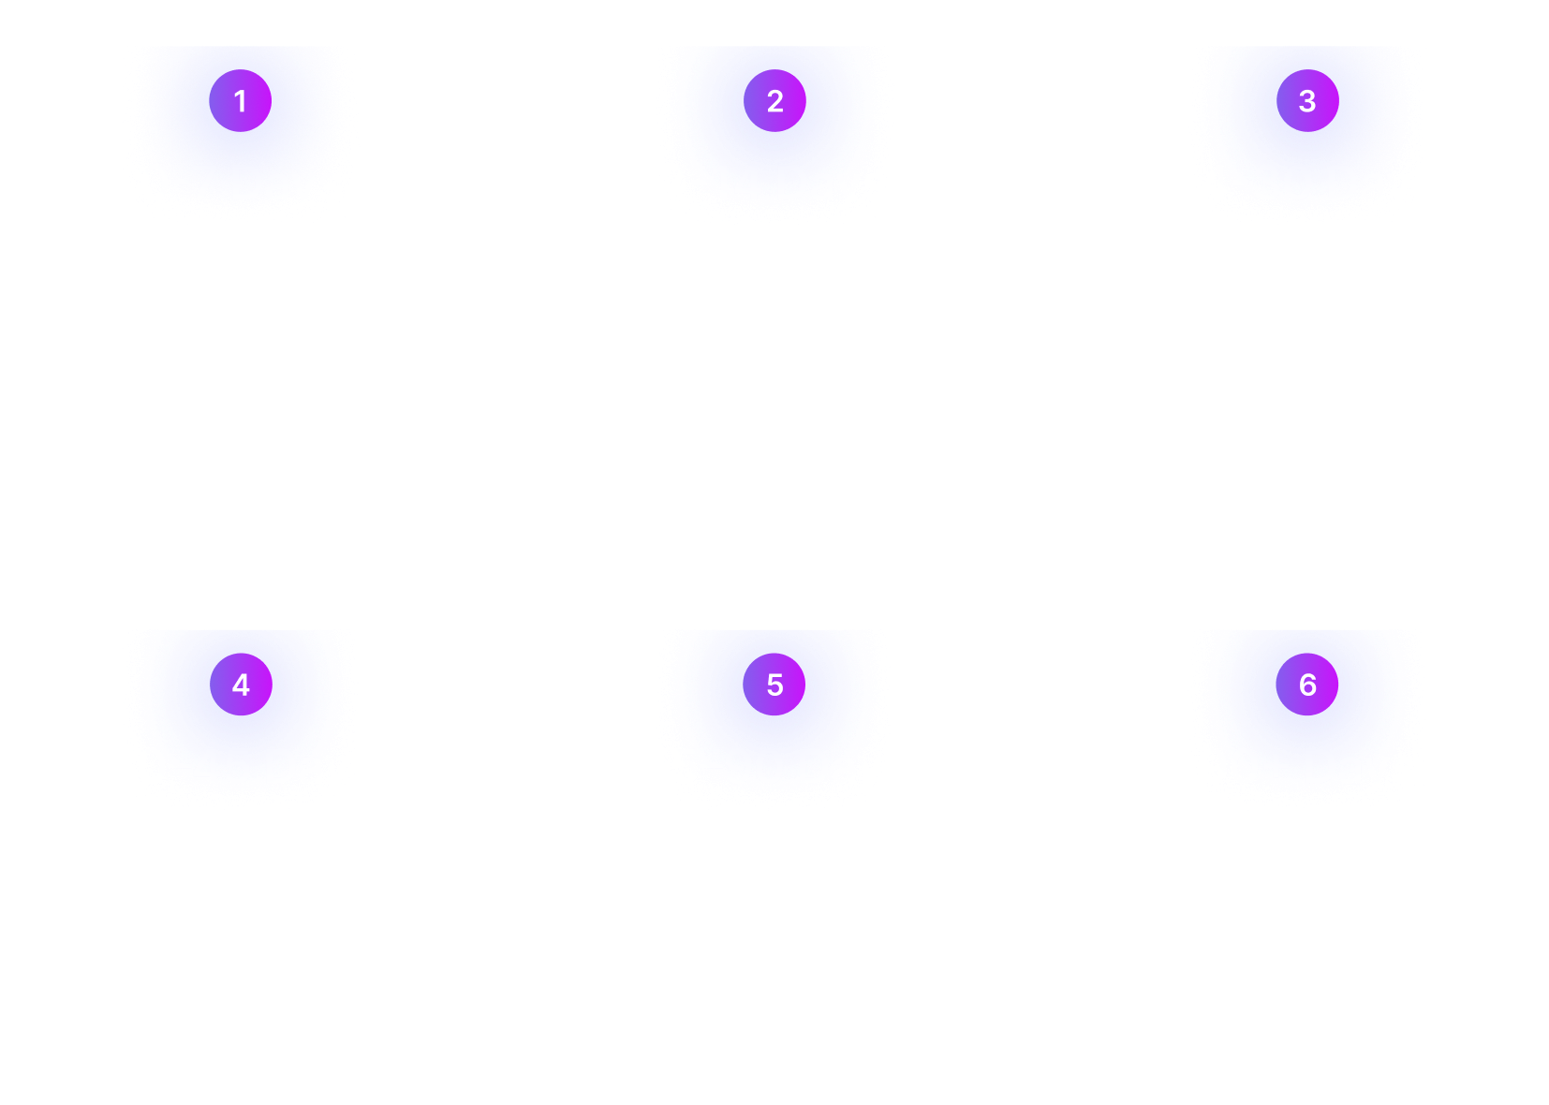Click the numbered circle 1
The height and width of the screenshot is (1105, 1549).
pos(241,100)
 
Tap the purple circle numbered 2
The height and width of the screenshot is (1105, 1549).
pos(774,100)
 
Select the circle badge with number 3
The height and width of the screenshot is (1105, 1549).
pos(1307,100)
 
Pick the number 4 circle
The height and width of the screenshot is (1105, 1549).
pos(241,685)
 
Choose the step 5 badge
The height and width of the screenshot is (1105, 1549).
pos(774,685)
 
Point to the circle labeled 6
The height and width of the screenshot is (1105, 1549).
pos(1307,685)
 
